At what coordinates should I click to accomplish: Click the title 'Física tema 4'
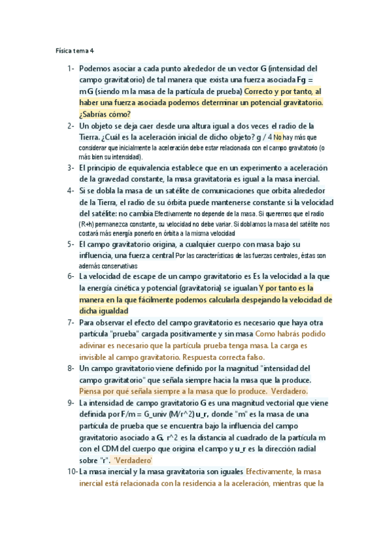tap(75, 50)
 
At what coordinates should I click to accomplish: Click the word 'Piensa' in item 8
tap(92, 391)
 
